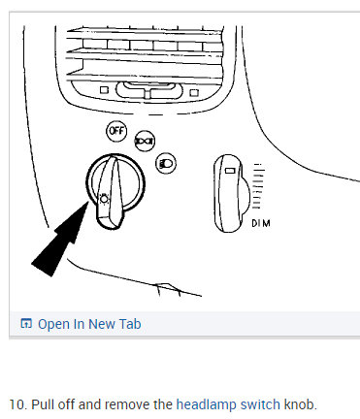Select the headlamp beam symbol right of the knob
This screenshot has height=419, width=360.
[167, 164]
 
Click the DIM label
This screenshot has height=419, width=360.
[261, 224]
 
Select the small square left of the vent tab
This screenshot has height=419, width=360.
[104, 91]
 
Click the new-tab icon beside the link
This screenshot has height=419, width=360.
[26, 324]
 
